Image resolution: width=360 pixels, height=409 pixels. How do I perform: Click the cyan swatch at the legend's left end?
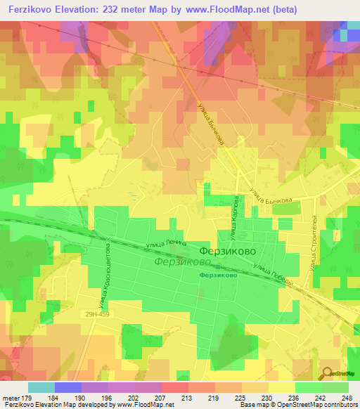(41, 387)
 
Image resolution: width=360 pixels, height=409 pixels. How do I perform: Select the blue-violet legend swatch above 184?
(68, 387)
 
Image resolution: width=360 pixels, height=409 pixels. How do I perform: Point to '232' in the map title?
(117, 10)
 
